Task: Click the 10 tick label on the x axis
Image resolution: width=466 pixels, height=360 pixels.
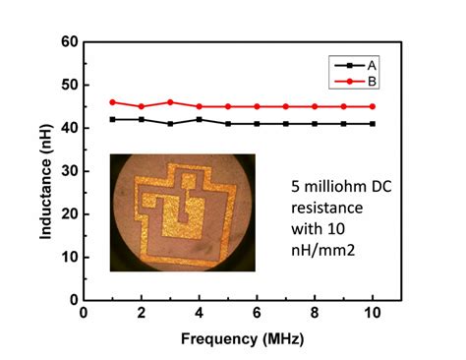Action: [372, 314]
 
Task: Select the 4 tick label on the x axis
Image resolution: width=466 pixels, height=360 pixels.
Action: [200, 314]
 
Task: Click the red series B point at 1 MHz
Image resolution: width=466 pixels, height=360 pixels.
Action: [113, 102]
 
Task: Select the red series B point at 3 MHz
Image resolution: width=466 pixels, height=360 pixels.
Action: [170, 102]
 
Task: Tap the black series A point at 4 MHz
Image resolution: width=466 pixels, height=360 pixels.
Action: [200, 119]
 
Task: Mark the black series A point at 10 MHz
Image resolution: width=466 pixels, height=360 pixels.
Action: [372, 124]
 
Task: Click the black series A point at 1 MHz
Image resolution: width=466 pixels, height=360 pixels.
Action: [113, 119]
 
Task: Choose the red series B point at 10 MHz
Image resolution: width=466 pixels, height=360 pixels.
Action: [372, 106]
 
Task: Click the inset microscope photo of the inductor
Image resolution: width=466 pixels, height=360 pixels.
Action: [183, 211]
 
